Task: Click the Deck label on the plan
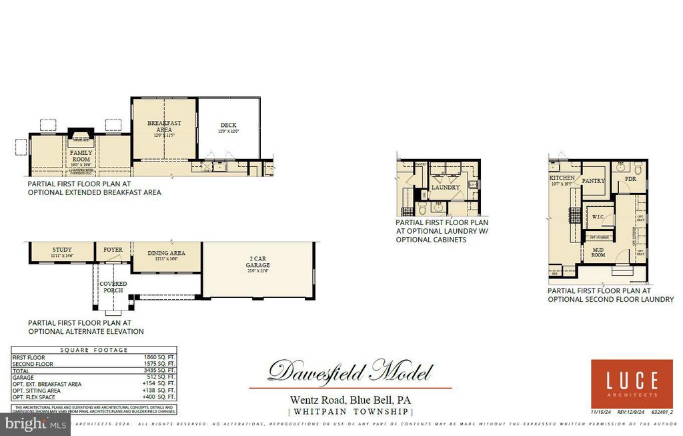[x=228, y=126]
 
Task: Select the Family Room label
[x=81, y=156]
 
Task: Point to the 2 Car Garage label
[x=257, y=261]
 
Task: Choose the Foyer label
[x=113, y=250]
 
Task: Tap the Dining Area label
[x=166, y=253]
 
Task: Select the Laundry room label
[x=446, y=188]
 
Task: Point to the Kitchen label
[x=562, y=178]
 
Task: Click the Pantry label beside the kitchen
[x=593, y=181]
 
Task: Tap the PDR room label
[x=630, y=179]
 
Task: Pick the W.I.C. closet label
[x=598, y=217]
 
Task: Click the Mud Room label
[x=598, y=252]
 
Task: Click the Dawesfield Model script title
[x=350, y=371]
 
